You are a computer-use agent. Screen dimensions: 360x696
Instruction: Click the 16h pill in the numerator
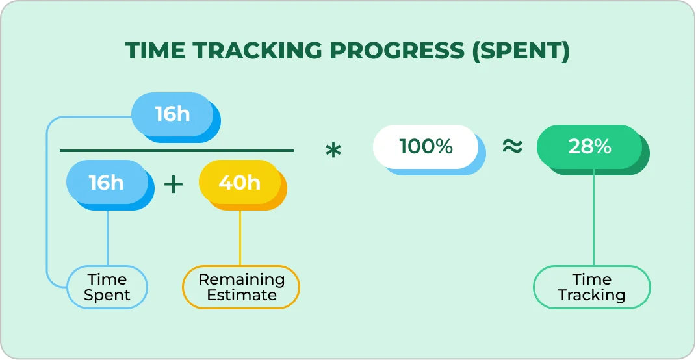172,114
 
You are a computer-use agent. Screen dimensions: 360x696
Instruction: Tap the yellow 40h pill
239,183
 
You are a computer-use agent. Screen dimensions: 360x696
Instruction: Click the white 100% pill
426,146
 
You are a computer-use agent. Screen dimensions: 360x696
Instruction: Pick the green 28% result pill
589,146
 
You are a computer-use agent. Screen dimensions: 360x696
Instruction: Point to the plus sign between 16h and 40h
174,185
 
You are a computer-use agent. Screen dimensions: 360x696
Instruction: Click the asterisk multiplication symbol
333,151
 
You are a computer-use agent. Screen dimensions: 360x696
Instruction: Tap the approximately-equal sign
512,147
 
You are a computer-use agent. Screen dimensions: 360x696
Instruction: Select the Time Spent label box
107,287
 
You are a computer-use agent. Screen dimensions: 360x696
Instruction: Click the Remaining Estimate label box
241,287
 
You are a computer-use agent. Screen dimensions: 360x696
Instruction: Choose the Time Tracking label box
591,287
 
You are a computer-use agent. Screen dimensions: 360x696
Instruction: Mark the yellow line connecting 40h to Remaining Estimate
240,237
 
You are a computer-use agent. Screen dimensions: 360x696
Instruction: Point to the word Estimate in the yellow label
241,295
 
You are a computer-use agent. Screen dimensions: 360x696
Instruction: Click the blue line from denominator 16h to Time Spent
107,237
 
